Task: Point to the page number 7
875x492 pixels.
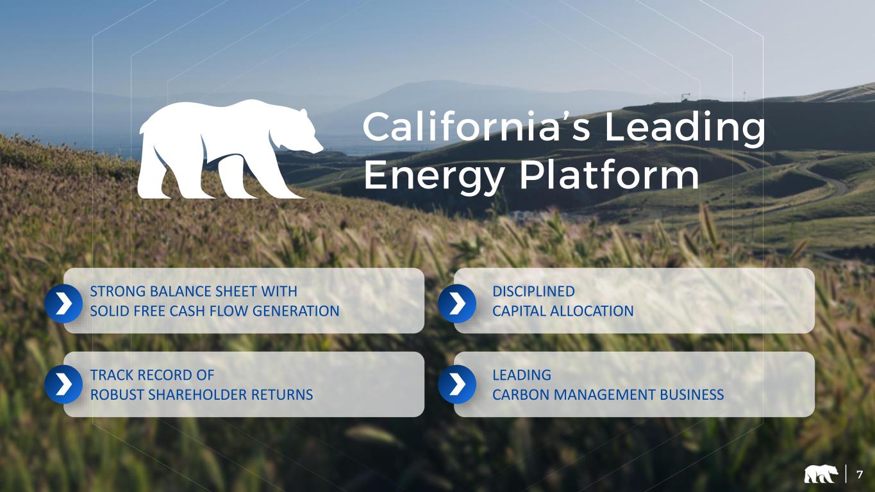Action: pos(860,475)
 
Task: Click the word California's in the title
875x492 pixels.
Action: pos(476,126)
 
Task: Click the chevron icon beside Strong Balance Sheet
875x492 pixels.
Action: pos(63,304)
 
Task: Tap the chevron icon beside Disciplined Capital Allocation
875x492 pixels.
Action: pos(457,304)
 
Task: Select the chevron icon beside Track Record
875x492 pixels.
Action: pos(63,384)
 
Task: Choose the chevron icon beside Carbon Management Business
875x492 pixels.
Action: pos(457,384)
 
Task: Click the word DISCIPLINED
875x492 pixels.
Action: pos(533,291)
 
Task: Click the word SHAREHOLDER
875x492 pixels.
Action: pos(197,395)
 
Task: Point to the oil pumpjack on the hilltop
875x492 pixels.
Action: pos(685,97)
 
